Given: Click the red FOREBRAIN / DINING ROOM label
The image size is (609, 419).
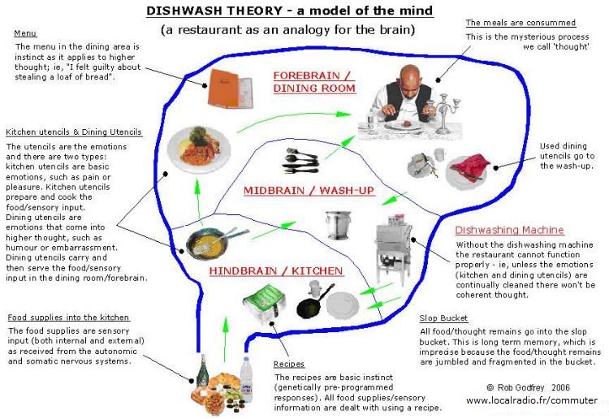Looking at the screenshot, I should pyautogui.click(x=314, y=80).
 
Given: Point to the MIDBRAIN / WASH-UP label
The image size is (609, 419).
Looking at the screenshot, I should pyautogui.click(x=309, y=191).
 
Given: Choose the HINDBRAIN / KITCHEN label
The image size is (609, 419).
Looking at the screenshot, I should pyautogui.click(x=276, y=270).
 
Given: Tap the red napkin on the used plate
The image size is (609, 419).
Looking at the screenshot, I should pyautogui.click(x=469, y=168).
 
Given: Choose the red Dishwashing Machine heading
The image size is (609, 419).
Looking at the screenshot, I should pyautogui.click(x=509, y=230).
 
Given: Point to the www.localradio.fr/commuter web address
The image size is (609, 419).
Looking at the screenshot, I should pyautogui.click(x=532, y=401).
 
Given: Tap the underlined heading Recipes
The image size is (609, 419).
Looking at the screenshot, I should pyautogui.click(x=289, y=364).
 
